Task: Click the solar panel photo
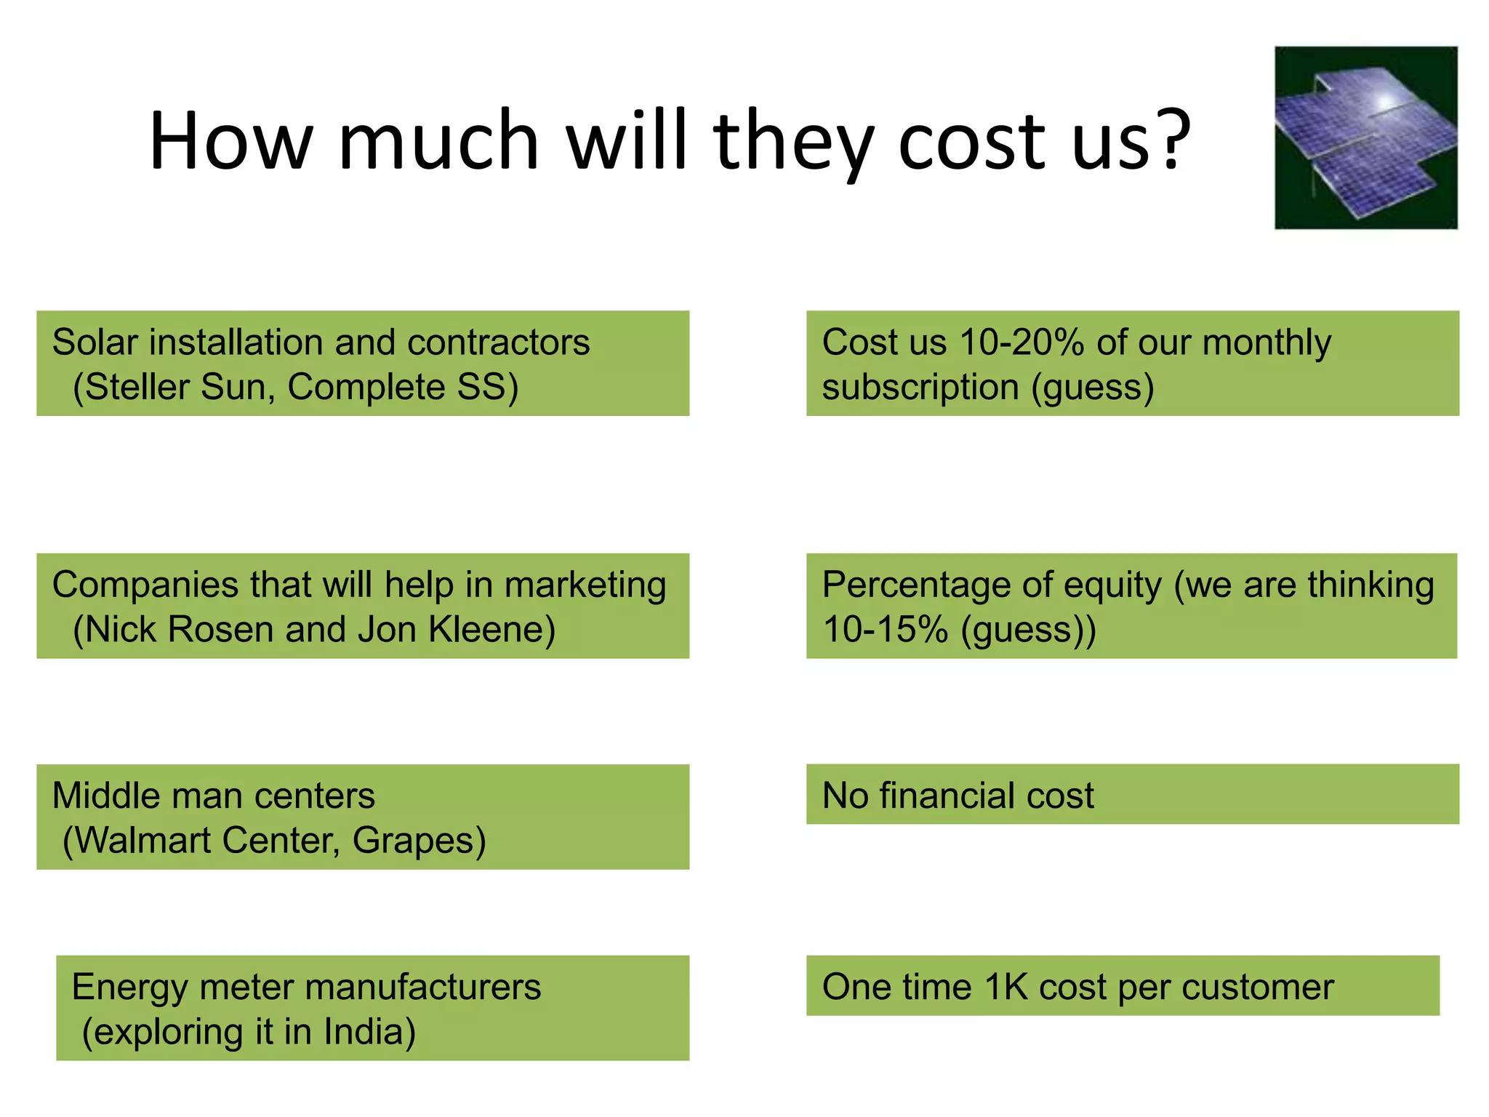click(x=1365, y=138)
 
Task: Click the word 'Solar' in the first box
click(x=95, y=342)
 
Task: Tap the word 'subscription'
click(x=920, y=387)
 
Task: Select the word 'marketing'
click(x=585, y=585)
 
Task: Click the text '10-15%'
click(x=885, y=630)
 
